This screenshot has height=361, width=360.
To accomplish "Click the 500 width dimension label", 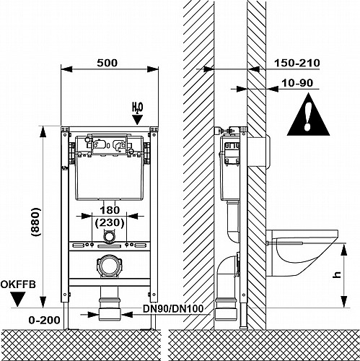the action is [107, 63].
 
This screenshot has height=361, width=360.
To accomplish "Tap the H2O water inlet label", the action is [137, 108].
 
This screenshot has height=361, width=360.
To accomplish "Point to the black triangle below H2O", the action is [137, 120].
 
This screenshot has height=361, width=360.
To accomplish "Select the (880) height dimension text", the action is [36, 222].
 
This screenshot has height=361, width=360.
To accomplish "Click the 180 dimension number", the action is [110, 210].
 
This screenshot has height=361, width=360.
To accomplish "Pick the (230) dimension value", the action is [110, 223].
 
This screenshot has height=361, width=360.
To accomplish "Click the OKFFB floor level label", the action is [18, 284].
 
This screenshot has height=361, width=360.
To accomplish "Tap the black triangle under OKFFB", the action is [18, 299].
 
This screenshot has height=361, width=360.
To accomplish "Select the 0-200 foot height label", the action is [44, 320].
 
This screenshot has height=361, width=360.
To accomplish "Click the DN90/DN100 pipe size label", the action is [173, 309].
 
